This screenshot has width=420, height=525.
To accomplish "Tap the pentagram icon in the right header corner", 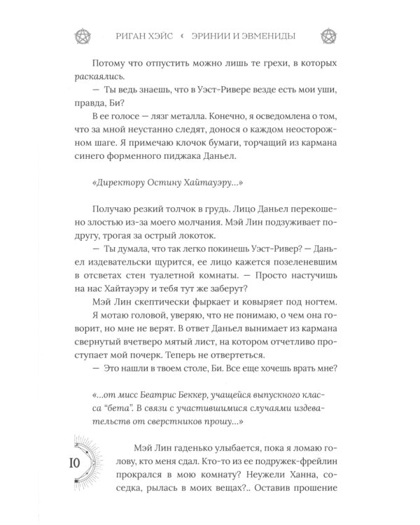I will point(327,35).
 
